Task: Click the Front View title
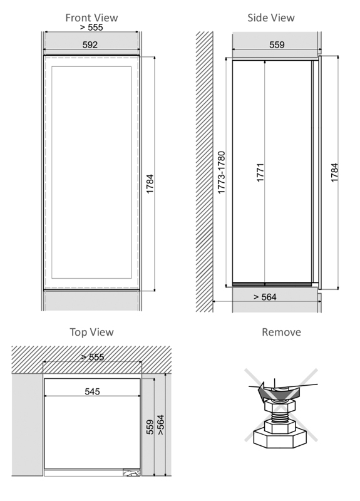click(91, 18)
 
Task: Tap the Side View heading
click(271, 18)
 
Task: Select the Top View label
click(91, 332)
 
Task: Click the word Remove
click(281, 332)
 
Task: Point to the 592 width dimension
click(90, 44)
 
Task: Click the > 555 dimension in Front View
click(91, 27)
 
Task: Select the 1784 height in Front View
click(150, 183)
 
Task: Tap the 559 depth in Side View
click(277, 44)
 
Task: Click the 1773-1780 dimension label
click(221, 173)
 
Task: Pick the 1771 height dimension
click(260, 173)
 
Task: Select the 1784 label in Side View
click(334, 173)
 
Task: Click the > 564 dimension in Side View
click(265, 297)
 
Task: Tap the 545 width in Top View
click(92, 391)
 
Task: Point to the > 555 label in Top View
click(92, 357)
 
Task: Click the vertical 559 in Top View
click(150, 427)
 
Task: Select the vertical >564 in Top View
click(161, 425)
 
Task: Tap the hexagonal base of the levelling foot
click(280, 438)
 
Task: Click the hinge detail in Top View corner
click(131, 473)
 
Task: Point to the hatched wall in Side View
click(205, 172)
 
